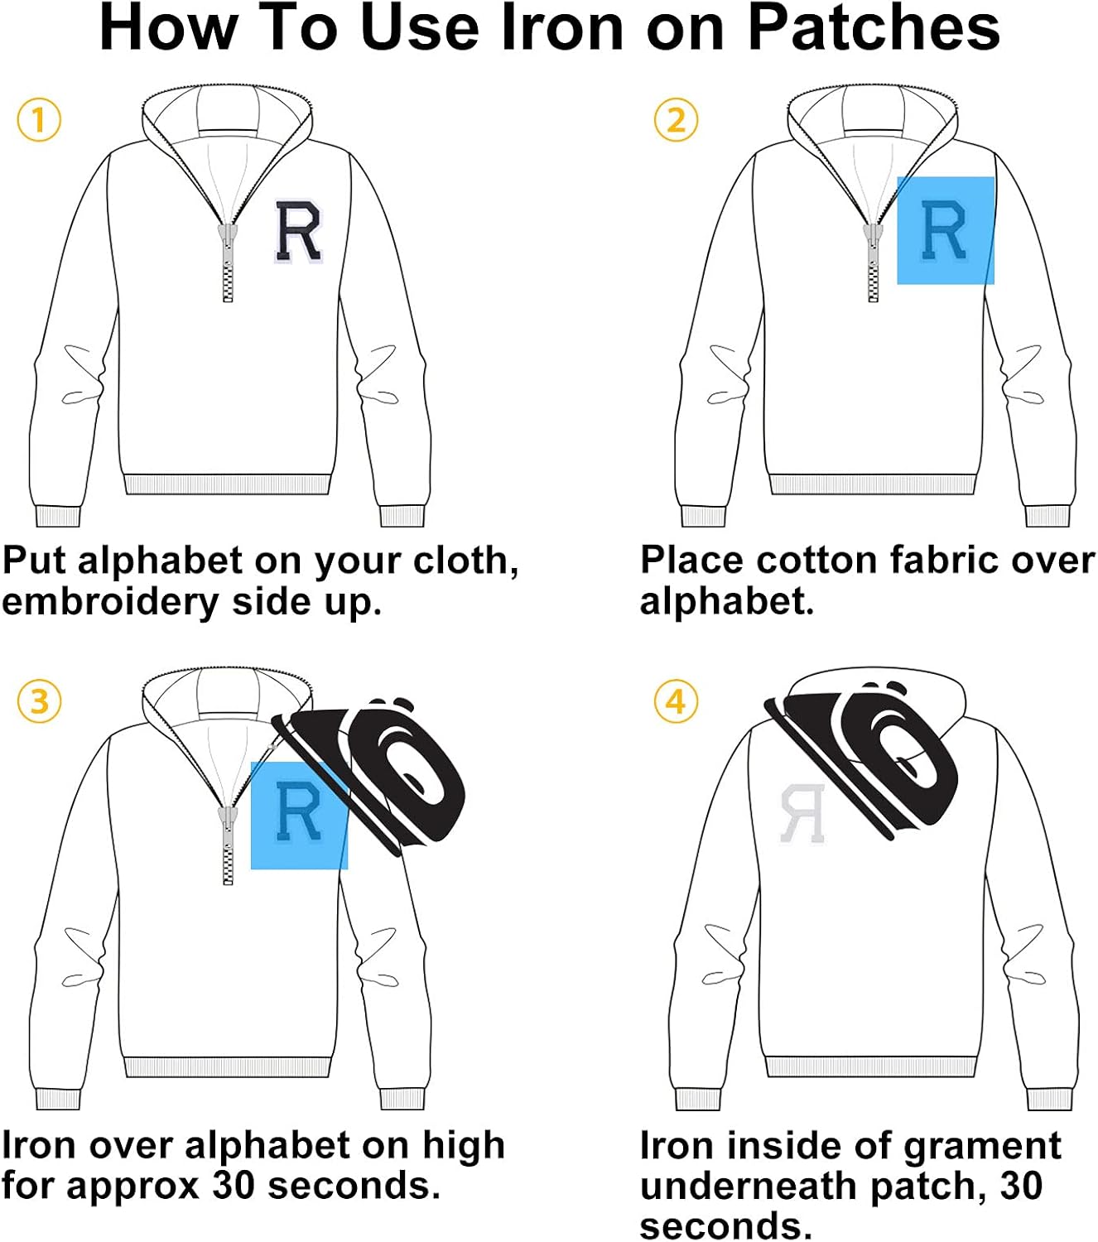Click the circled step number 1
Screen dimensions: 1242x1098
(x=39, y=120)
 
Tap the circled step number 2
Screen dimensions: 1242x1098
(x=676, y=120)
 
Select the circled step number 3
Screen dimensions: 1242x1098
(x=39, y=701)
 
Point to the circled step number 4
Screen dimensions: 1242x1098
(x=676, y=701)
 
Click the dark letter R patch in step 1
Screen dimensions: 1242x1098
(x=298, y=233)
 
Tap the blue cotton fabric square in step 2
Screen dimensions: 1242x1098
(x=946, y=230)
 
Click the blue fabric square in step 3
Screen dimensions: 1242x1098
(x=299, y=815)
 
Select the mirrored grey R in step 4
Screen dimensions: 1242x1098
(x=802, y=813)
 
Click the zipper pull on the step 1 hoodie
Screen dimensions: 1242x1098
(x=227, y=240)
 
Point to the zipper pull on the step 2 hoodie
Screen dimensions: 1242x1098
(x=872, y=240)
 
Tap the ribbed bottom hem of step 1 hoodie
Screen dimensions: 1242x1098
(x=227, y=484)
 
